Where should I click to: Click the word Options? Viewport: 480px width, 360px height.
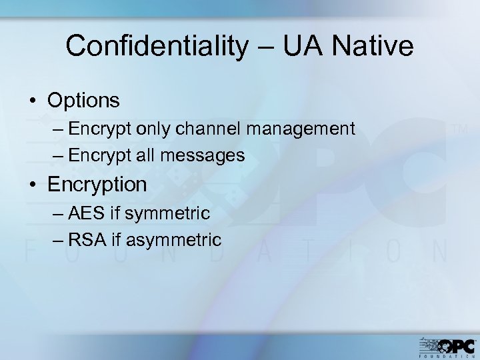click(83, 101)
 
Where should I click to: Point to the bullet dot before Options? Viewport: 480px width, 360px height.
click(33, 101)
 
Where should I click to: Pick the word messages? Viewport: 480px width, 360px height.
click(207, 155)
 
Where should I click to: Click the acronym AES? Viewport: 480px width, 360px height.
click(84, 213)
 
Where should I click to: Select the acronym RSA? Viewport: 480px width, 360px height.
click(85, 239)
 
